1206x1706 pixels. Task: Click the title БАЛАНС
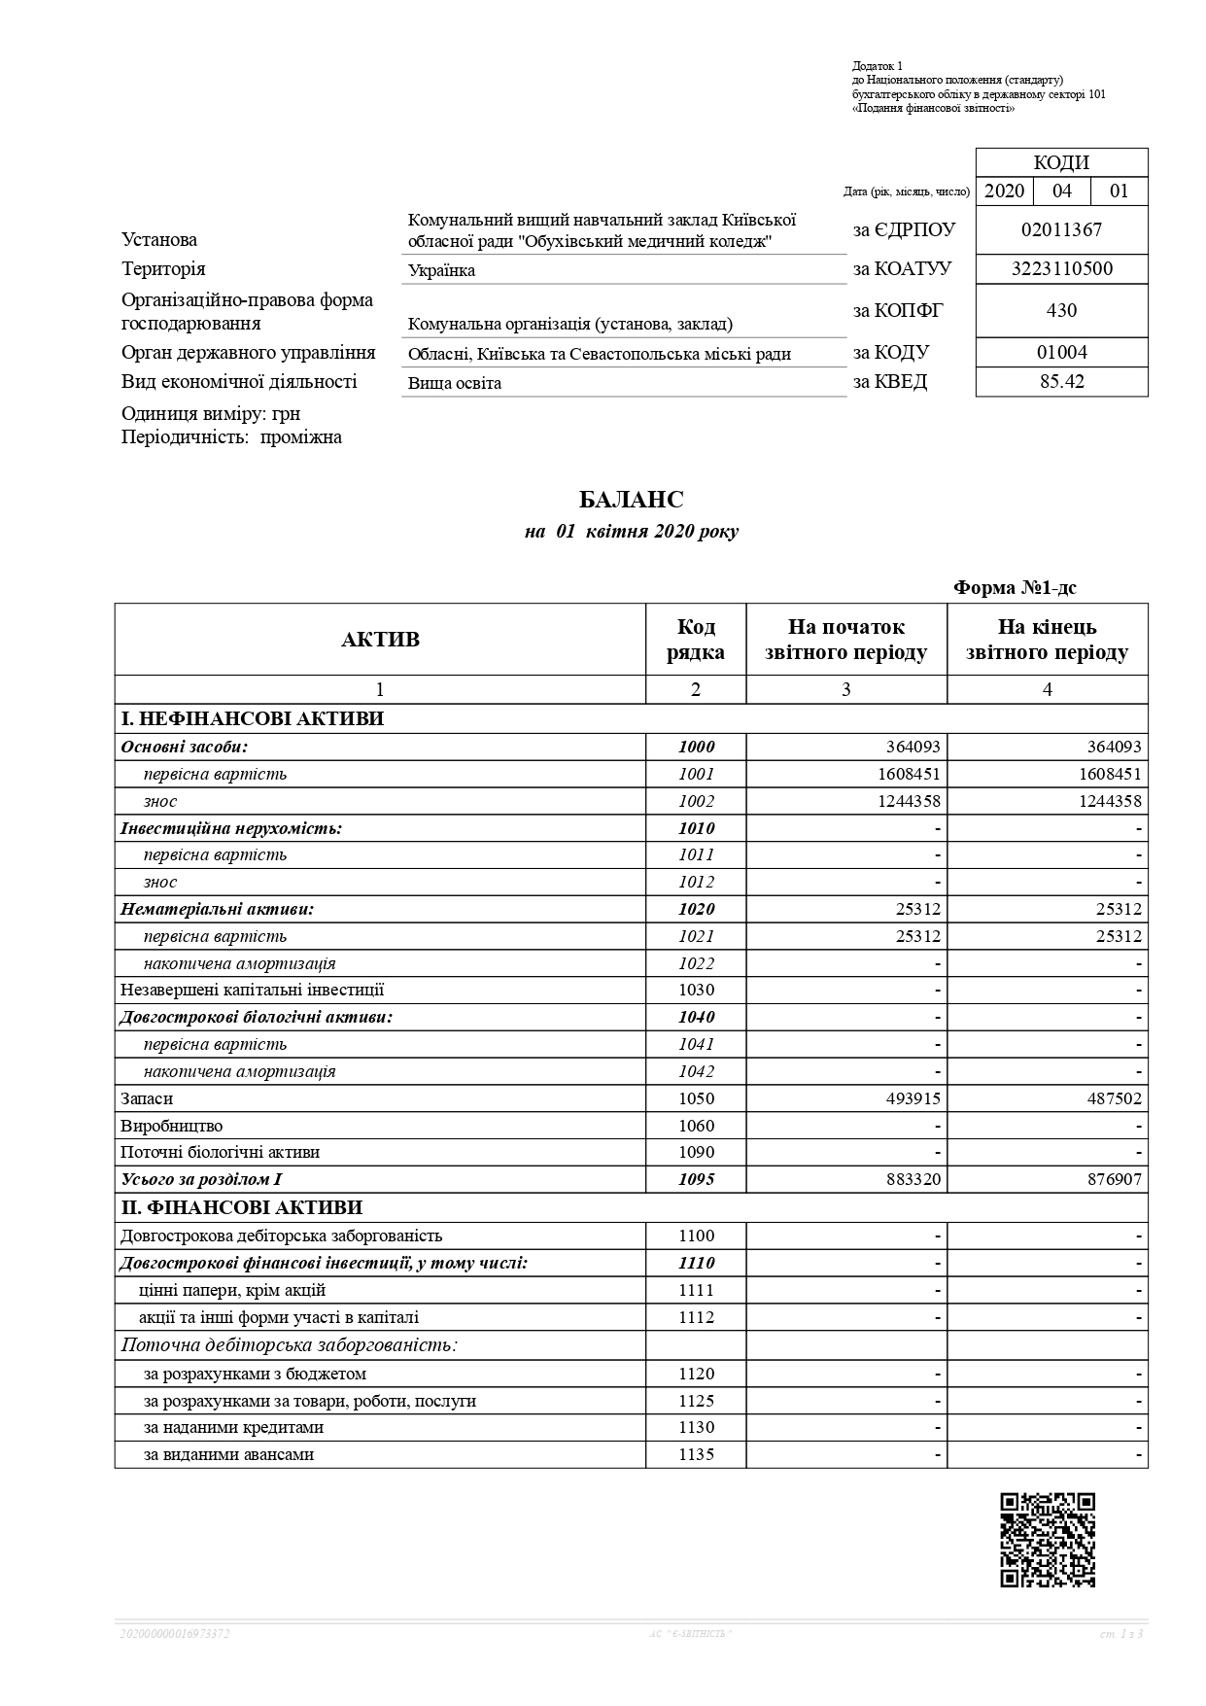[631, 500]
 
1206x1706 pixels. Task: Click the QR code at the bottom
[1047, 1540]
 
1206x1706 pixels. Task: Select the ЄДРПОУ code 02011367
[1061, 230]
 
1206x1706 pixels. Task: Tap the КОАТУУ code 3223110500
[1061, 269]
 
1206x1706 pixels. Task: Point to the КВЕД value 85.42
[1061, 382]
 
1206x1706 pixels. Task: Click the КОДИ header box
[1061, 162]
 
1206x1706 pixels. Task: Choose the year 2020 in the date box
[1004, 191]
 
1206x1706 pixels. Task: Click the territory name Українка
[441, 270]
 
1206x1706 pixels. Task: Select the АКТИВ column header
[380, 640]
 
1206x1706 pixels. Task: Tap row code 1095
[696, 1179]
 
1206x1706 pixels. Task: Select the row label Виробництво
[171, 1126]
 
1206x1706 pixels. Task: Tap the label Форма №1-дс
[1015, 587]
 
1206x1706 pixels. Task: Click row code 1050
[696, 1098]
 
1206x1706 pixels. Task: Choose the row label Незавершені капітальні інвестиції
[252, 990]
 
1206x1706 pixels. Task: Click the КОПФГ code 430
[1061, 311]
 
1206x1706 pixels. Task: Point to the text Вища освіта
[454, 383]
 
